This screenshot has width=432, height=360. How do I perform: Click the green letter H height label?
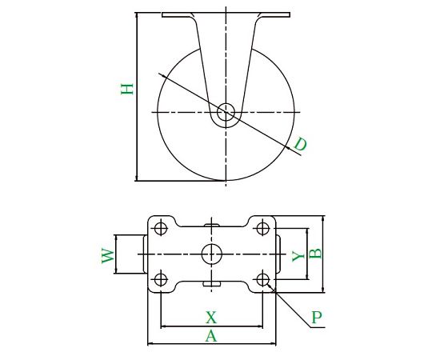(127, 89)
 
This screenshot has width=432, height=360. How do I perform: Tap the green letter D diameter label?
(300, 144)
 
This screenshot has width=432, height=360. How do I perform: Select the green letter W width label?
(108, 256)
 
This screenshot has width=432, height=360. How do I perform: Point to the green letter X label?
(211, 318)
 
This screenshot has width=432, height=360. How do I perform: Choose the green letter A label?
(211, 336)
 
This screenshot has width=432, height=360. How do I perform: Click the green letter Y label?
(298, 256)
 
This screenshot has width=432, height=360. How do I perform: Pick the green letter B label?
(315, 254)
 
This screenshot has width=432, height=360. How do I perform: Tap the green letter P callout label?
(317, 318)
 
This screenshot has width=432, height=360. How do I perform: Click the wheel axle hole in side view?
(226, 112)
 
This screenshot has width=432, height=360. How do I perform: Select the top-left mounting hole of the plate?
(161, 228)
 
